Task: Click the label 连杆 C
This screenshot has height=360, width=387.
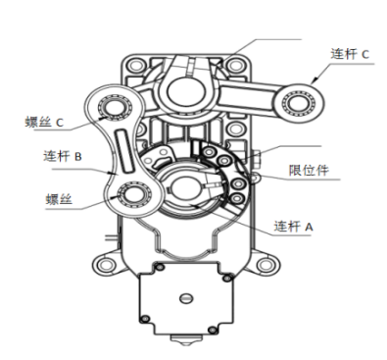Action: [350, 54]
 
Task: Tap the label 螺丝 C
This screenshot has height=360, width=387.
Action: [44, 123]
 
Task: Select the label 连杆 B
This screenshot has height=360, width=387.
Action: [63, 156]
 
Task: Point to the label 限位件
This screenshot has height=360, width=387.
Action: [309, 170]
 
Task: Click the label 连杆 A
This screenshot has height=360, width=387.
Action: [293, 227]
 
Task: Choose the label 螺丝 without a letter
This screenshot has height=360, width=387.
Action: [59, 199]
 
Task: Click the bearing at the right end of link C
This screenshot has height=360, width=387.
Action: [299, 102]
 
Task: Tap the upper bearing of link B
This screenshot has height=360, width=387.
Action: [115, 107]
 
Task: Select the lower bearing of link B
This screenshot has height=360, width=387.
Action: [134, 195]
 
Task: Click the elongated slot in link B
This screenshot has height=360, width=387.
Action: [124, 151]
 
